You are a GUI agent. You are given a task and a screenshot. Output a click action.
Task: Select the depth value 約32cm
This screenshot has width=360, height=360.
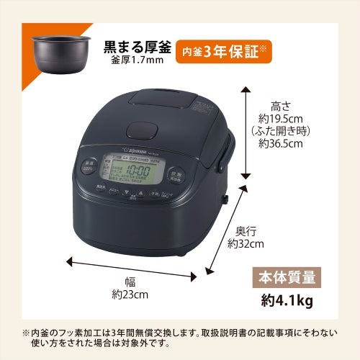245,244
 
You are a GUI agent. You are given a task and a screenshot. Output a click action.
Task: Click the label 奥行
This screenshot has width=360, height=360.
246,231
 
